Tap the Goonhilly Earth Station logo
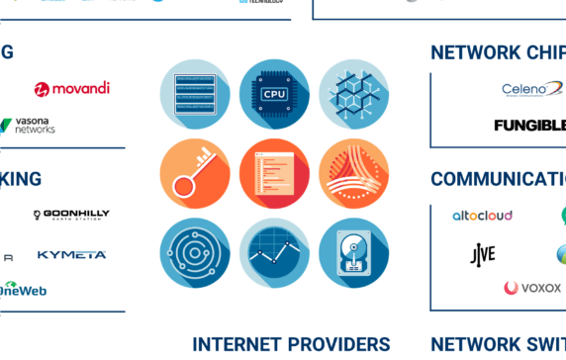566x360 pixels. pos(71,215)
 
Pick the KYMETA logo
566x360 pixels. pos(71,255)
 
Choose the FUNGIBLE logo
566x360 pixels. pos(530,126)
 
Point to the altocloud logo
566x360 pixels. pos(482,216)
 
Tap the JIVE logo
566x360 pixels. pos(482,254)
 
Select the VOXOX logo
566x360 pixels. pos(532,289)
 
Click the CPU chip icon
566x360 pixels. pos(274,95)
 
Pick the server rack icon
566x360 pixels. pos(195,95)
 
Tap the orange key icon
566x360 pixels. pos(195,174)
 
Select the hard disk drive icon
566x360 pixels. pos(353,253)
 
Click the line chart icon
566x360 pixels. pos(274,253)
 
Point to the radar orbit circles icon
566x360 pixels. pos(195,253)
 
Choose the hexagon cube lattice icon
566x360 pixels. pos(353,95)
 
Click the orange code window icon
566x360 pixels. pos(274,174)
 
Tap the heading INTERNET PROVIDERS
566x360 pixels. pos(291,344)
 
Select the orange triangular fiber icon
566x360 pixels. pos(353,174)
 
